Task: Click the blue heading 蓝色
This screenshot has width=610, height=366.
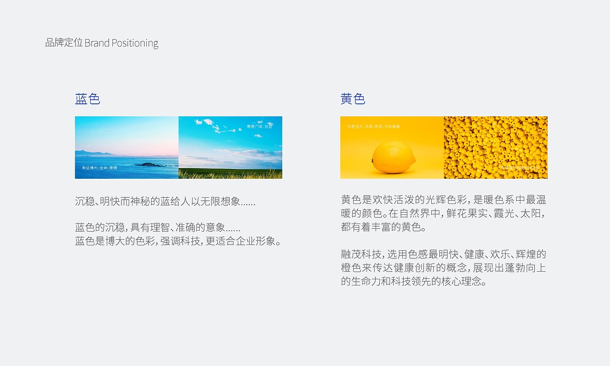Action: point(87,99)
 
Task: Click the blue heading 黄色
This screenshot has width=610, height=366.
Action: point(353,99)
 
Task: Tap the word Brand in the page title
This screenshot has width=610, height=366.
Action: point(97,43)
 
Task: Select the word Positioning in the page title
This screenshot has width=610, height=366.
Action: point(135,43)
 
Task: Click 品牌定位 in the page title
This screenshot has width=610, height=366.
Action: point(64,43)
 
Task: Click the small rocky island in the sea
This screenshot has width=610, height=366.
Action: point(150,164)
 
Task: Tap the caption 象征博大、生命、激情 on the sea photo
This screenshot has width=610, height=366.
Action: point(99,168)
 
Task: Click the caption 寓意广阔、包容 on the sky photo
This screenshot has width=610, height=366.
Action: point(260,127)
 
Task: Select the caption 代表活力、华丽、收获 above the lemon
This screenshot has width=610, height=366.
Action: point(374,127)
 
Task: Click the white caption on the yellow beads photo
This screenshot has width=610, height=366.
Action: point(519,168)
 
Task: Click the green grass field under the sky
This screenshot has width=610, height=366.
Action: point(230,174)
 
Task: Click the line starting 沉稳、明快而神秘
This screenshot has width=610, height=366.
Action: point(165,201)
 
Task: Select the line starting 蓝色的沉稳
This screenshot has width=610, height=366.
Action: point(158,228)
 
